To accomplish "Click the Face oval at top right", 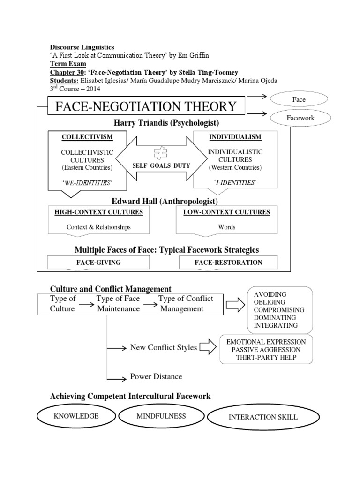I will [x=299, y=99].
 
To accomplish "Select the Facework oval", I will [x=300, y=118].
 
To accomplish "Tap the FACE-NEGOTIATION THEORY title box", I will [x=146, y=107].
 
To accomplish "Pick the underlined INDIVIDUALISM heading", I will [x=235, y=137].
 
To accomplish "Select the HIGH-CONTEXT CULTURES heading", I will [x=98, y=212].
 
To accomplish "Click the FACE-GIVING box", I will [x=98, y=262].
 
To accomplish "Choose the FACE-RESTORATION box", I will [x=228, y=262].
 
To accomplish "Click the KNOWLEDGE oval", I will [x=76, y=416].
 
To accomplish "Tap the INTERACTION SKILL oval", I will [x=262, y=417].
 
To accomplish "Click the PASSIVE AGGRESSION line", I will [x=265, y=350].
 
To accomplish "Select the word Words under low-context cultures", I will [x=226, y=227].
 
